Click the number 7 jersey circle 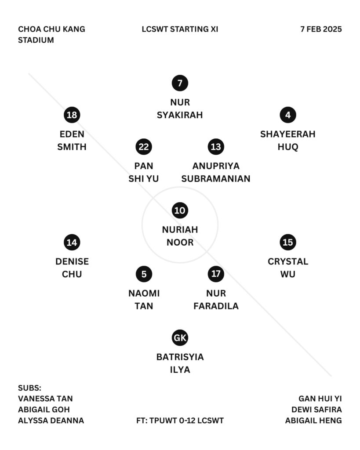pos(180,83)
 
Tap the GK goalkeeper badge pos(180,338)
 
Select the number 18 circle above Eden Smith pos(72,115)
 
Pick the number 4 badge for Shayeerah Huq pos(287,115)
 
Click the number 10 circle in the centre pos(180,210)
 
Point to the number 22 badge pos(144,147)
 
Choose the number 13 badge pos(216,147)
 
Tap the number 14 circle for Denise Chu pos(72,242)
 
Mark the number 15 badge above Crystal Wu pos(287,242)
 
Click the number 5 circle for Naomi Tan pos(144,274)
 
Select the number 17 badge pos(216,274)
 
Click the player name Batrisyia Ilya pos(180,363)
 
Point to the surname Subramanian pos(216,179)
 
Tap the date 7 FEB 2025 pos(321,29)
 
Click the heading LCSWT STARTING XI pos(180,29)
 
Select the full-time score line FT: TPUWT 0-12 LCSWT pos(180,421)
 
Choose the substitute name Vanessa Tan pos(45,399)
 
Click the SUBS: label pos(29,388)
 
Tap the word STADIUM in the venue pos(36,40)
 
